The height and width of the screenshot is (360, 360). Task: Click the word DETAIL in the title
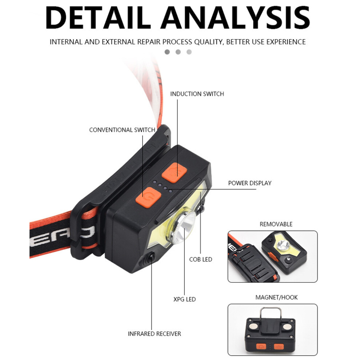[x=98, y=18]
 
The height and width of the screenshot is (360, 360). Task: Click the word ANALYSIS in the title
[x=235, y=18]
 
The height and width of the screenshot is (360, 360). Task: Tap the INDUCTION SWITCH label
[x=197, y=94]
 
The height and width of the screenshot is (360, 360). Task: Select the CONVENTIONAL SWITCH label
[x=122, y=130]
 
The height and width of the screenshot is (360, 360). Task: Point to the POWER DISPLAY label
[x=250, y=183]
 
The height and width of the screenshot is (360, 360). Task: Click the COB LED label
[x=201, y=259]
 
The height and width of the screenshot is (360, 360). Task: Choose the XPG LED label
[x=185, y=299]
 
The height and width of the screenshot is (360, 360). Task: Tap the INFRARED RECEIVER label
[x=154, y=334]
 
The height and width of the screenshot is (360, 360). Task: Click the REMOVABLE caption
[x=276, y=224]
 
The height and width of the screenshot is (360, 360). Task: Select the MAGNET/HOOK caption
[x=276, y=297]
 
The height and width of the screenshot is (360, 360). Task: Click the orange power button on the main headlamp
[x=148, y=197]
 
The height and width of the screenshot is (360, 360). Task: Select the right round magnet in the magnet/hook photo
[x=287, y=327]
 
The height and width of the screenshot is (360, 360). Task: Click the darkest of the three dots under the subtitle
[x=167, y=52]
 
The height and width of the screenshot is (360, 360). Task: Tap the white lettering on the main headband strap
[x=62, y=236]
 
